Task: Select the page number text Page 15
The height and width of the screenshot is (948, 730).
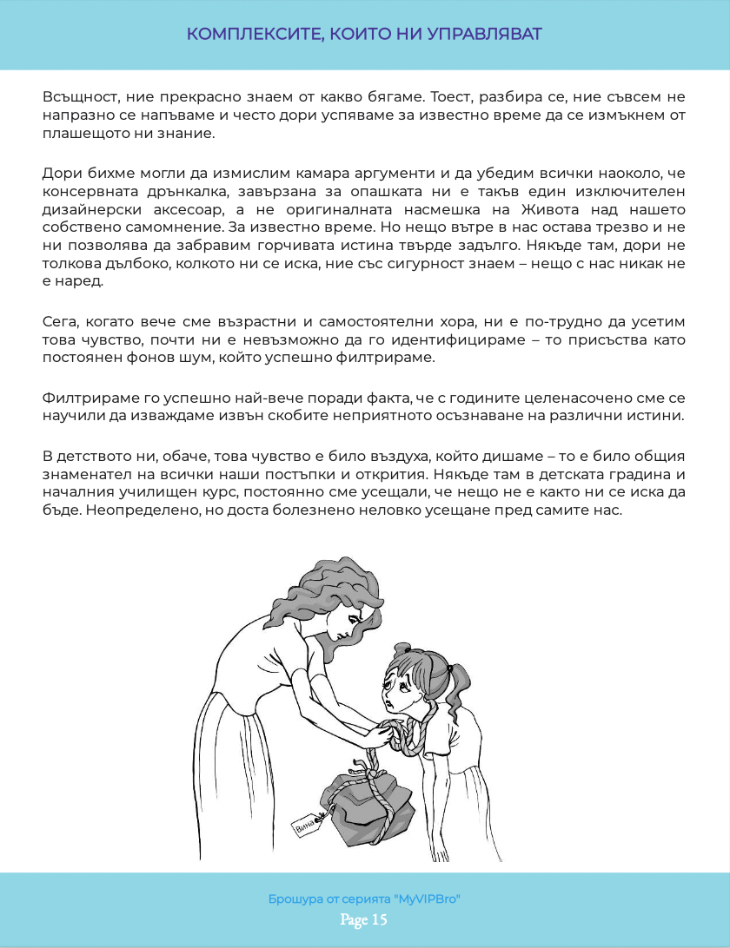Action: [364, 919]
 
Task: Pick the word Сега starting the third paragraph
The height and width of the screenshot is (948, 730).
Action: [59, 324]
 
